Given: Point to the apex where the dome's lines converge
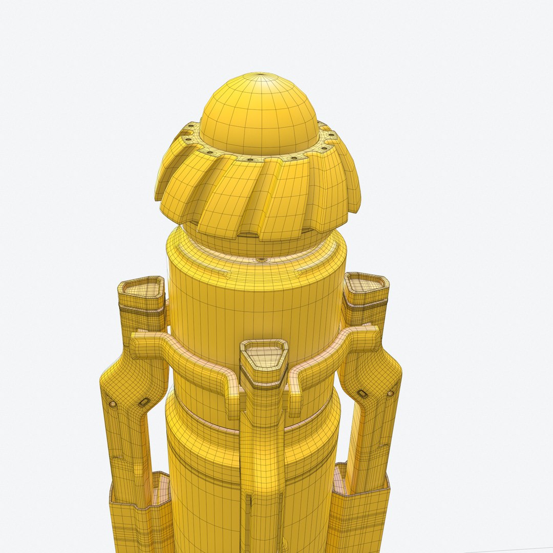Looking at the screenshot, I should point(262,75).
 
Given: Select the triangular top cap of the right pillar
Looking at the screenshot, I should point(366,283).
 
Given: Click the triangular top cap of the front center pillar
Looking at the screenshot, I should point(264,353).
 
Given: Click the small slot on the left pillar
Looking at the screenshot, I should point(144,402).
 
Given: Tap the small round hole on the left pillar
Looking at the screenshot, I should point(112,404).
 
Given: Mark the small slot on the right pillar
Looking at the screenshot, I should point(363,393).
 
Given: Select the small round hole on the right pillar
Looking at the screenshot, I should point(391,394).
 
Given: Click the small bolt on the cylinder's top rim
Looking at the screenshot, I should point(262,261).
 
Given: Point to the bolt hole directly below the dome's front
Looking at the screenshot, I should point(250,159).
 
